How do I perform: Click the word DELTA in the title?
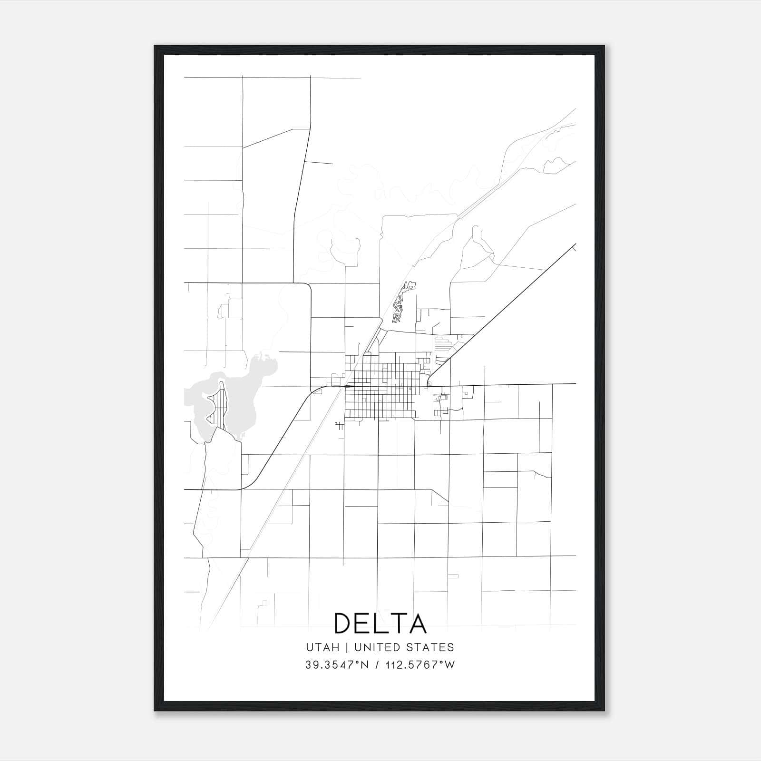click(380, 623)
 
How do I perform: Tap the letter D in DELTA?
click(343, 623)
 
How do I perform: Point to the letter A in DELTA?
click(417, 623)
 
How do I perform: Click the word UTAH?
click(322, 647)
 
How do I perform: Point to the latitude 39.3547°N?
click(337, 665)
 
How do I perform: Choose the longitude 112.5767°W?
click(420, 665)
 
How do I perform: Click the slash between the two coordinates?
click(377, 665)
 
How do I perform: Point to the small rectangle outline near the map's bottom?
click(453, 576)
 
